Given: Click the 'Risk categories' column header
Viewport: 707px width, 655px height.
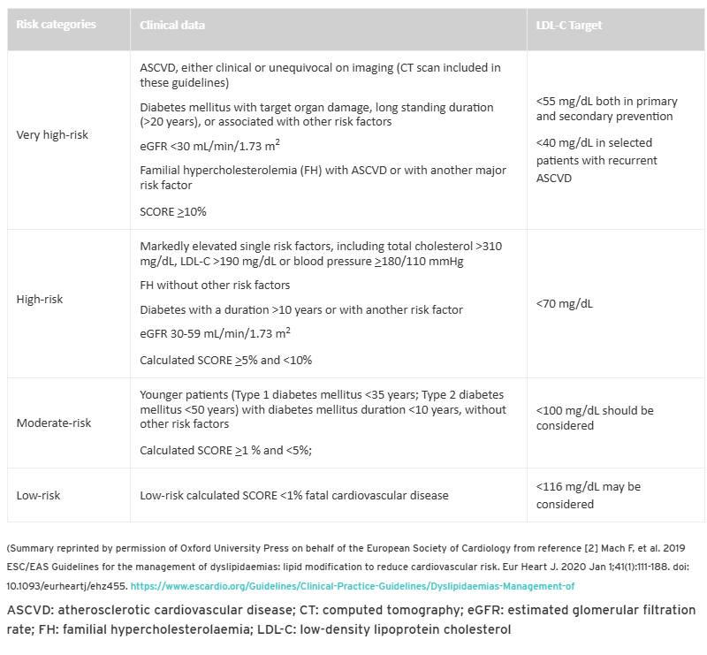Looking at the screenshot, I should tap(54, 26).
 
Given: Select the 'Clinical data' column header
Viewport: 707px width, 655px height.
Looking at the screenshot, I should tap(172, 26).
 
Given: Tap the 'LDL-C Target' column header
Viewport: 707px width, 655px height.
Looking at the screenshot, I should tap(568, 26).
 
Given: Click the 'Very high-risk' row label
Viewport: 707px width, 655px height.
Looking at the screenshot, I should tap(52, 135).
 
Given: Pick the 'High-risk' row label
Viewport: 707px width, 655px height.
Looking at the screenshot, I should tap(40, 300).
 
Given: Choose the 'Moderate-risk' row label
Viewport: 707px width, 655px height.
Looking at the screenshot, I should tap(54, 423).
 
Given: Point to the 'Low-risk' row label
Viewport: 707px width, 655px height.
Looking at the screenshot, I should tap(38, 495).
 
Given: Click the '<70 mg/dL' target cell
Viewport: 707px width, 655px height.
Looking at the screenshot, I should tap(564, 303).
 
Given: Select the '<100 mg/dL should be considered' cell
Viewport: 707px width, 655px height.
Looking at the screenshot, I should tap(594, 418).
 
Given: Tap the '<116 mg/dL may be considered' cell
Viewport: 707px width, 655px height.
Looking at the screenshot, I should tap(588, 495).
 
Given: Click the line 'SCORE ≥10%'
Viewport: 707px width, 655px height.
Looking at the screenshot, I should tap(173, 212).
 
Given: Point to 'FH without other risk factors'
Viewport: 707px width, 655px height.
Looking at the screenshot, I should tap(215, 286).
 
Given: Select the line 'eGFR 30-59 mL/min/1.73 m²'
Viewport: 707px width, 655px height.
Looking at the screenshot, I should tap(216, 334).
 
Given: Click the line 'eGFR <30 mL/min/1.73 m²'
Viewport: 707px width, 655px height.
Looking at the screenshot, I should tap(210, 145).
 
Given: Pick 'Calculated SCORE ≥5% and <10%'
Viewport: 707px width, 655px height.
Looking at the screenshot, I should tap(225, 360).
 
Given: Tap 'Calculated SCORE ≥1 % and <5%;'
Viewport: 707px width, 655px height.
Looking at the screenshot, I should tap(226, 450).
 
